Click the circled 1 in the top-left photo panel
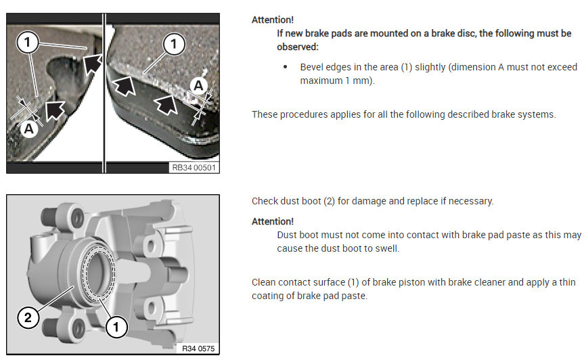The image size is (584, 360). tap(27, 42)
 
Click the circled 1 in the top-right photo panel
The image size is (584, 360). tap(174, 44)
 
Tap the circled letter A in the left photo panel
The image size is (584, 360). tap(28, 129)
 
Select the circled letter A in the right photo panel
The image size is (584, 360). tap(198, 86)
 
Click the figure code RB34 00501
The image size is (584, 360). tap(194, 168)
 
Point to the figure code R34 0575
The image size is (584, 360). tap(198, 348)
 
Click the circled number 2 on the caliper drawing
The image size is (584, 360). tap(28, 317)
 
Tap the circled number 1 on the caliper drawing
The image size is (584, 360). tap(116, 327)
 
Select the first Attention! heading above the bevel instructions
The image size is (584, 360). tap(273, 20)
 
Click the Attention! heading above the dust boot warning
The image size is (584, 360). tap(273, 221)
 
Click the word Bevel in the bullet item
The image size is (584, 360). tap(312, 67)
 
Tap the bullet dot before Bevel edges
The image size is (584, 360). tap(286, 67)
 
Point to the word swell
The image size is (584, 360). tap(387, 248)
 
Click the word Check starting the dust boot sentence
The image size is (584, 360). tap(265, 201)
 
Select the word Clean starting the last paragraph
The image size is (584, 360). tap(264, 282)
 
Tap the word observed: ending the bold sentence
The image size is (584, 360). tap(298, 47)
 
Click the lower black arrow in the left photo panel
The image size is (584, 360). tap(54, 110)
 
